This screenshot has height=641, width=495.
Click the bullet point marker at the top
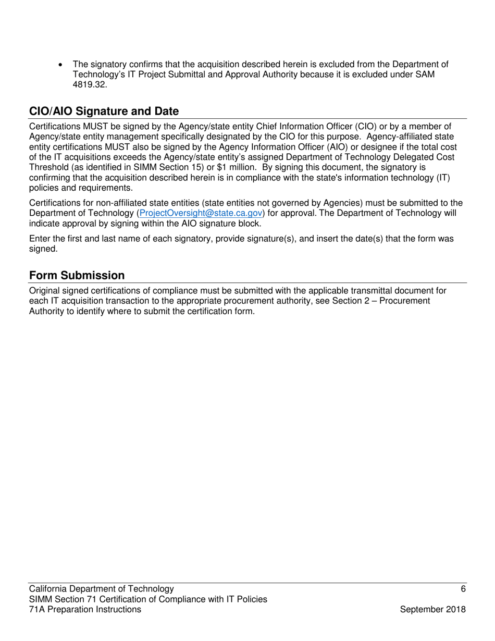coord(62,65)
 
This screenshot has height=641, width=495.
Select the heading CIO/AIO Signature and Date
coord(104,112)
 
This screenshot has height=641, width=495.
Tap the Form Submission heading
coord(77,276)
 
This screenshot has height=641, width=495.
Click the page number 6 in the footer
coord(463,589)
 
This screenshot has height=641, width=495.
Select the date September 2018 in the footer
coord(432,610)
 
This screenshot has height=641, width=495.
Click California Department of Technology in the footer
coord(102,589)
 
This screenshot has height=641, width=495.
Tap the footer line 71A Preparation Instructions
coord(85,610)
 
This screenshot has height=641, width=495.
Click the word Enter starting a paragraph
coord(40,239)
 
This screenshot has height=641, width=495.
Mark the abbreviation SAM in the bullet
coord(425,75)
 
